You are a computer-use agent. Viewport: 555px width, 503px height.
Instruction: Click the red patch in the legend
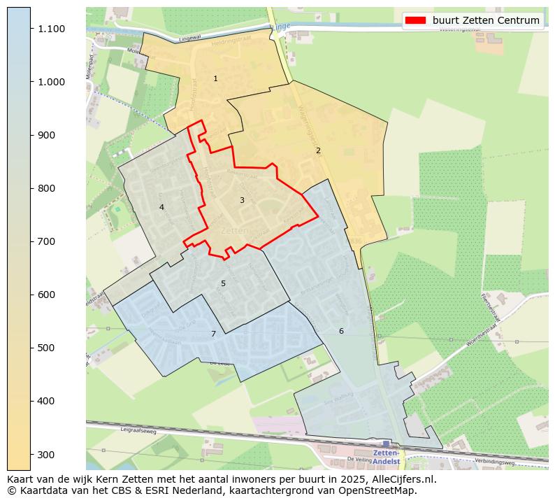(x=415, y=20)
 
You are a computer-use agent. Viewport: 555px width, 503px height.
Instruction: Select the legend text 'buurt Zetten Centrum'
(x=486, y=20)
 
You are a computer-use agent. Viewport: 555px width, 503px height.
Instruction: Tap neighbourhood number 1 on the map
(x=215, y=78)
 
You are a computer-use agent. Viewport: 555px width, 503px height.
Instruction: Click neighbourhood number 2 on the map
(x=318, y=150)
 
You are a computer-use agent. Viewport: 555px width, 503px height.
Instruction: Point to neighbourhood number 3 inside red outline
(x=242, y=200)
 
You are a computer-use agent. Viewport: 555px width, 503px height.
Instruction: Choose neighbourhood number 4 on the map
(x=161, y=207)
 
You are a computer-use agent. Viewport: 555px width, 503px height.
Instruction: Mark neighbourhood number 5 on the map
(x=223, y=283)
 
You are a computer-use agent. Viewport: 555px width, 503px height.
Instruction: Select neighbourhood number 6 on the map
(x=341, y=331)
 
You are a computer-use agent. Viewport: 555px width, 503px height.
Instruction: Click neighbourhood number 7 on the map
(x=213, y=334)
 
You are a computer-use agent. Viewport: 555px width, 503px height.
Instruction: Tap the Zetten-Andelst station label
(x=386, y=458)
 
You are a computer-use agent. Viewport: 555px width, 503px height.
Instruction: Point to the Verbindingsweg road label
(x=494, y=462)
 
